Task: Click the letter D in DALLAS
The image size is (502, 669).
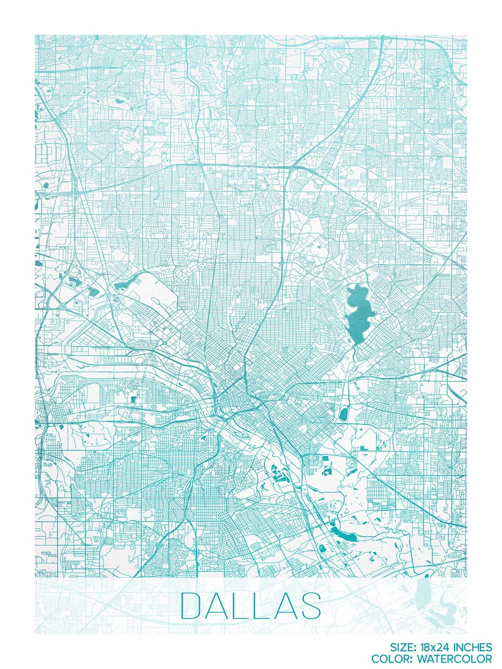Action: coord(192,605)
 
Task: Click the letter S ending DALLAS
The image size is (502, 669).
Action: coord(311,605)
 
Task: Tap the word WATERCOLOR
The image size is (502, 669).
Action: coord(462,658)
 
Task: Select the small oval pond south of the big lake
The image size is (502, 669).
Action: coord(345,414)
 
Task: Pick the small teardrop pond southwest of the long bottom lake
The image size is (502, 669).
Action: coord(322,549)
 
